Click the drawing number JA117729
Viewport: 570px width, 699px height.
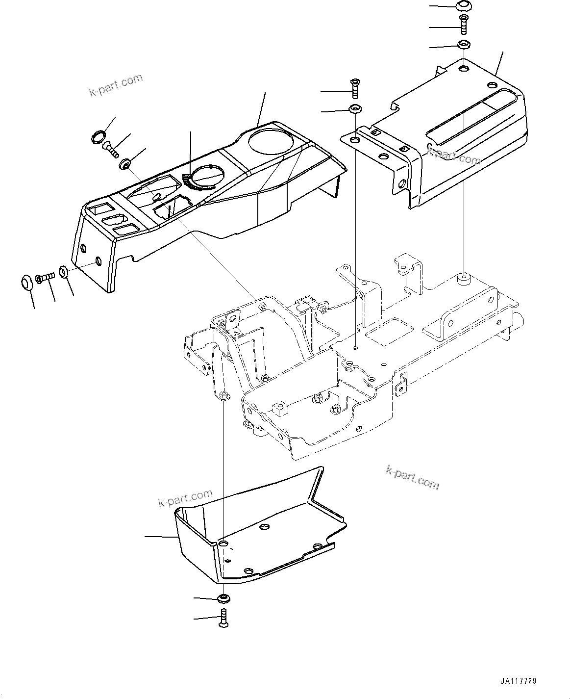pyautogui.click(x=518, y=681)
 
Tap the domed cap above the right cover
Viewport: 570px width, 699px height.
pyautogui.click(x=463, y=6)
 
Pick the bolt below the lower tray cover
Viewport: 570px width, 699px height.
pyautogui.click(x=224, y=617)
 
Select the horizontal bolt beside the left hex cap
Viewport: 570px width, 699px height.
pyautogui.click(x=44, y=278)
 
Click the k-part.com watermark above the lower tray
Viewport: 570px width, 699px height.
pyautogui.click(x=185, y=499)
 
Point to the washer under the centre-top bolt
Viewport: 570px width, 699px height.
pyautogui.click(x=354, y=108)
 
